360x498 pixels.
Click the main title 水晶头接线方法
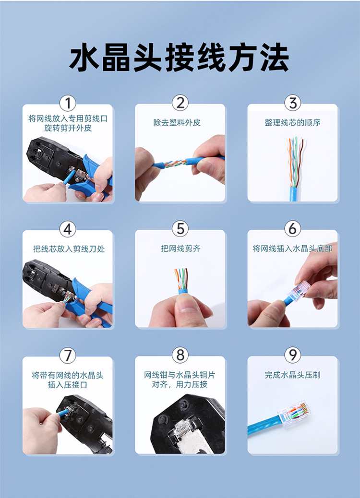[x=179, y=58]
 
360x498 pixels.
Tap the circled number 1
[x=68, y=103]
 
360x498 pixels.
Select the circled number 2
[x=180, y=103]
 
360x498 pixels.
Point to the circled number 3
[x=293, y=103]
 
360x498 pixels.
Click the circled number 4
[x=68, y=229]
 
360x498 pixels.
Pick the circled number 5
[x=180, y=229]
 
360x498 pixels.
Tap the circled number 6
[x=293, y=229]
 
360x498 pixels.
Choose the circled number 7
[x=68, y=355]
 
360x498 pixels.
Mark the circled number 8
[x=180, y=355]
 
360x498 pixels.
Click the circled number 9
[x=293, y=355]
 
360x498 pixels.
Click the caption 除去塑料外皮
[x=177, y=123]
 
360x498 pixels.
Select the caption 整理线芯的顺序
[x=293, y=123]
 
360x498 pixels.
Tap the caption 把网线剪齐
[x=180, y=249]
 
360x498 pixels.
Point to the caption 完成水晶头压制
[x=293, y=375]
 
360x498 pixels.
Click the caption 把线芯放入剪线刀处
[x=69, y=249]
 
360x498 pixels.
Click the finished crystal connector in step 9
[x=294, y=413]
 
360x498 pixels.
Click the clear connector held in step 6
[x=299, y=290]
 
